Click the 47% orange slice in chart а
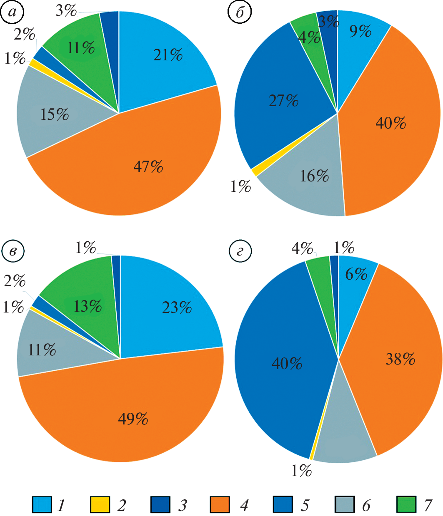pyautogui.click(x=138, y=175)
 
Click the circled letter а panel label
pyautogui.click(x=13, y=12)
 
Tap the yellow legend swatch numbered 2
pyautogui.click(x=100, y=505)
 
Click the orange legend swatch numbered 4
pyautogui.click(x=220, y=505)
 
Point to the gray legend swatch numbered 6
pyautogui.click(x=344, y=505)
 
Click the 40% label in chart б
pyautogui.click(x=390, y=123)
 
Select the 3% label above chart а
pyautogui.click(x=66, y=10)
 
